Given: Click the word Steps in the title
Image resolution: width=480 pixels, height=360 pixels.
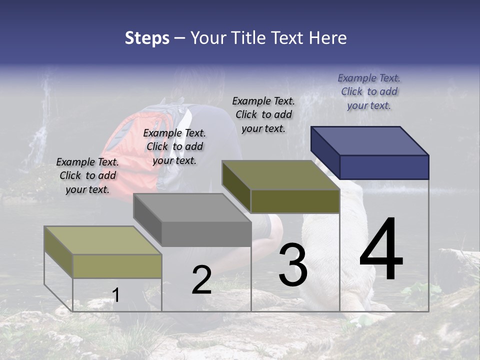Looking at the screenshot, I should point(147,38).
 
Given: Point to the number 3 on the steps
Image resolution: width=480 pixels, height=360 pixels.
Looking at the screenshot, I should point(292,265).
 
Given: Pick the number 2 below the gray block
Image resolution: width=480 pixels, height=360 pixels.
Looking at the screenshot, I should point(201,280).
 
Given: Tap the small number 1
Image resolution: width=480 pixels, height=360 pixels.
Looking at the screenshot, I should point(115,295).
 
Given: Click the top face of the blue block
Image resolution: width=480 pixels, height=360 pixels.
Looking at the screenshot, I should point(370,140).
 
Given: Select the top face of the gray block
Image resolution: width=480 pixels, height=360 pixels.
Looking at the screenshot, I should point(192,207).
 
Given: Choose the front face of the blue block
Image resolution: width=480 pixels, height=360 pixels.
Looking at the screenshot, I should point(384,167).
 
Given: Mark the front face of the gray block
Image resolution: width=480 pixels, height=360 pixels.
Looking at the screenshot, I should point(206,234).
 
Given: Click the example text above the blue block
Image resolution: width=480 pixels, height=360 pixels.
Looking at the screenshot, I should point(369,91).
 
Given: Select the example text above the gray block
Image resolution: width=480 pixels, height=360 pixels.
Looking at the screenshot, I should point(174,146).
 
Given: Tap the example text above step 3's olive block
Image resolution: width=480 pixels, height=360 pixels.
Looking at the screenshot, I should point(263,114).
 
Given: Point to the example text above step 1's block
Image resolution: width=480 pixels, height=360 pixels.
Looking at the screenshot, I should point(87,175).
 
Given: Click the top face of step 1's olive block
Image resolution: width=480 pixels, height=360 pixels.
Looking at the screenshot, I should point(103,240).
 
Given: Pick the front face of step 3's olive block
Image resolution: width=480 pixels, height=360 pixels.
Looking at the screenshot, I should point(295,201).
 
